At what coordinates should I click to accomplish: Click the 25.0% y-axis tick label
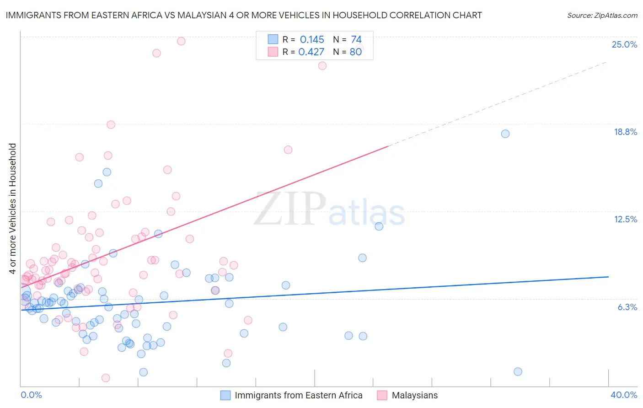pos(624,44)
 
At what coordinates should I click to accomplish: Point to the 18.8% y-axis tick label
pos(625,132)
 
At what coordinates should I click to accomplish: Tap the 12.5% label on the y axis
pos(625,219)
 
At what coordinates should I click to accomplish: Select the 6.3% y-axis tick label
pos(627,307)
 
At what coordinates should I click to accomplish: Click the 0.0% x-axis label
pos(31,395)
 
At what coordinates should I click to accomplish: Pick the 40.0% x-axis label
pos(623,395)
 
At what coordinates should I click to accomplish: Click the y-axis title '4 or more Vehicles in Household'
pos(13,209)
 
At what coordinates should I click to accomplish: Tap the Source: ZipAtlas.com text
pos(602,16)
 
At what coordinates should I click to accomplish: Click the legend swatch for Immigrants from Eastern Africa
pos(225,395)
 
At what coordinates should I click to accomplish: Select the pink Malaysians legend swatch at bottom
pos(382,395)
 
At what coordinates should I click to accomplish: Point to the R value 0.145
pos(312,40)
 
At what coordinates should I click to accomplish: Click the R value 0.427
pos(311,52)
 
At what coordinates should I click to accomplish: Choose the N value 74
pos(356,40)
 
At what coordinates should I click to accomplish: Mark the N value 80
pos(356,52)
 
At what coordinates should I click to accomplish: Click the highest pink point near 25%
pos(181,41)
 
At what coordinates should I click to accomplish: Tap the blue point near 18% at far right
pos(505,134)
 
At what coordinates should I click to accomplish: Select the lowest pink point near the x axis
pos(106,378)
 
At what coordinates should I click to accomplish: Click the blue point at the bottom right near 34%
pos(518,371)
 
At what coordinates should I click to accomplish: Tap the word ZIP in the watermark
pos(290,209)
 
